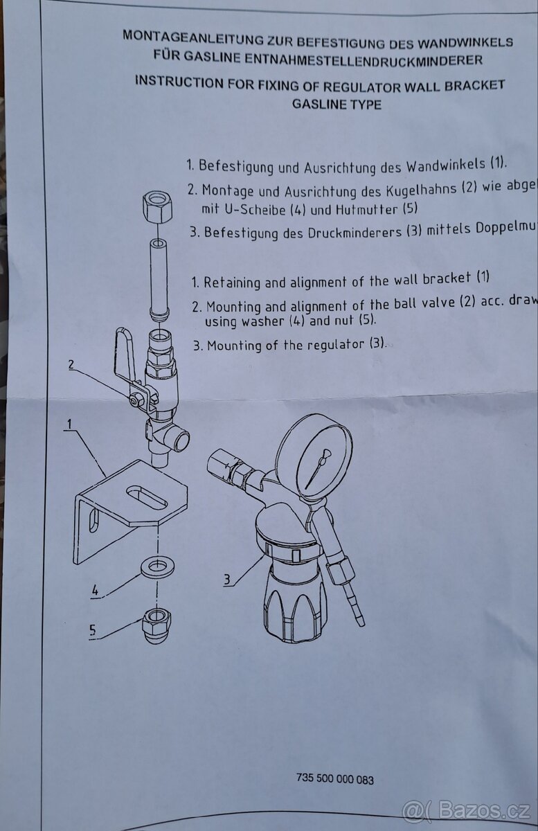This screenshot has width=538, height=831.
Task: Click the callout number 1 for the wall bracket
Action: tap(70, 421)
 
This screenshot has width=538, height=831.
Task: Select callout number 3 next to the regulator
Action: tap(228, 578)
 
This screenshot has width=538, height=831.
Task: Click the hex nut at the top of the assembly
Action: tap(157, 207)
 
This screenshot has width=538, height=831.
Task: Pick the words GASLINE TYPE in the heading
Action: tap(337, 105)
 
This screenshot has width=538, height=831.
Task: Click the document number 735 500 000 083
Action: tap(334, 780)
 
